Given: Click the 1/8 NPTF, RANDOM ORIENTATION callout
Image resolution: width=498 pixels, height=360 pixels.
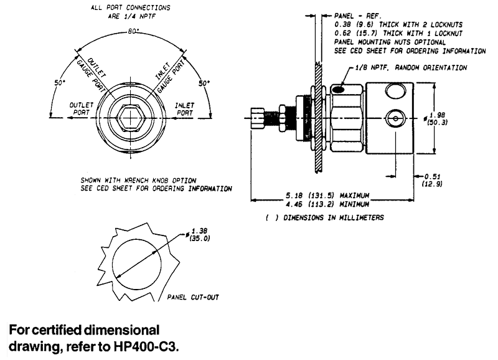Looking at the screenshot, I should (x=411, y=67).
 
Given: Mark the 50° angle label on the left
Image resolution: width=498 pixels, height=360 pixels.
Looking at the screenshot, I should (x=59, y=82).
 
